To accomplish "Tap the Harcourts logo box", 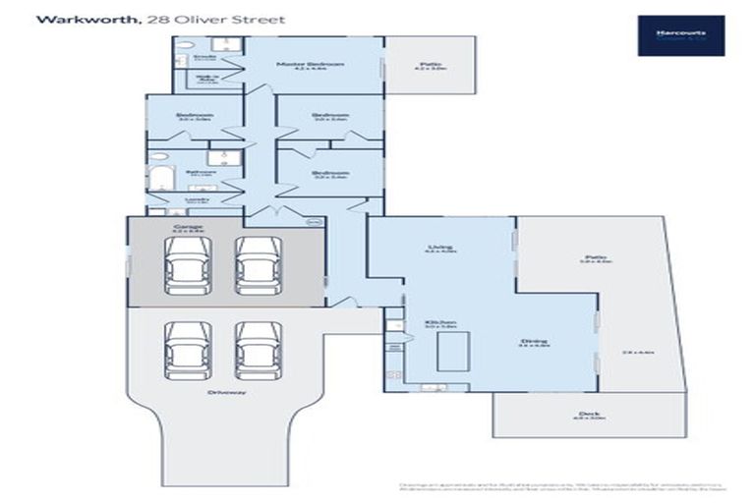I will pyautogui.click(x=680, y=34).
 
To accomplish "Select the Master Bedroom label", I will pyautogui.click(x=310, y=65).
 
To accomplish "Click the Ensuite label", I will pyautogui.click(x=206, y=57).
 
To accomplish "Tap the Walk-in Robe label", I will pyautogui.click(x=206, y=80).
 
